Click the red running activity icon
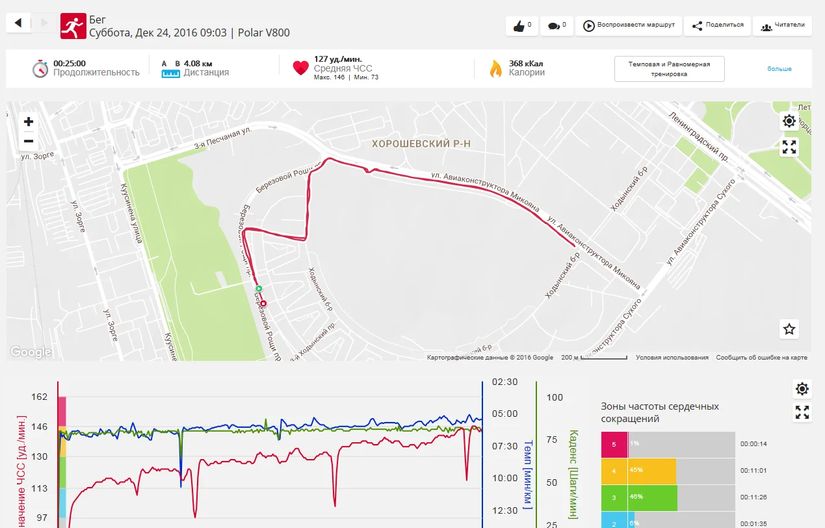(73, 27)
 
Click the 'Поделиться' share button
(717, 26)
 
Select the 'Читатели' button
(782, 26)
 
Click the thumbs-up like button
(522, 26)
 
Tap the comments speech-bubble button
(556, 26)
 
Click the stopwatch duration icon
(40, 68)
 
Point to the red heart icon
(300, 68)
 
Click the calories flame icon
(495, 68)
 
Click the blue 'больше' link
(779, 69)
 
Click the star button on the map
(789, 329)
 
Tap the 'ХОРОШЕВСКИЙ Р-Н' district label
(420, 143)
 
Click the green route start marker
(258, 288)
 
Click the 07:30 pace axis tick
(505, 446)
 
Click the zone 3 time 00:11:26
(753, 497)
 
